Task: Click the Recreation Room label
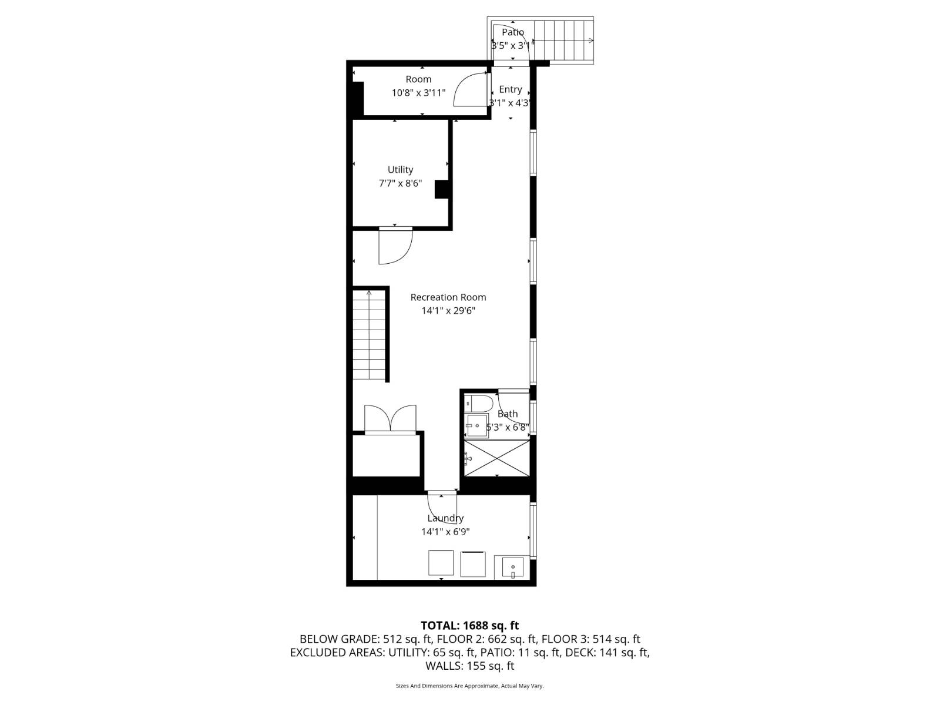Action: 448,297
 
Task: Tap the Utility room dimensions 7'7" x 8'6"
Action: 400,183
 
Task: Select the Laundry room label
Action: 445,518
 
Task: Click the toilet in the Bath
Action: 479,404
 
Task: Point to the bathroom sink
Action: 476,425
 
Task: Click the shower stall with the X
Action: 497,458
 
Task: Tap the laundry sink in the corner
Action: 512,568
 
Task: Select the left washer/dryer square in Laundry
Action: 441,563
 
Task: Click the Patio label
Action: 513,32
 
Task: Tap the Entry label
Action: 510,89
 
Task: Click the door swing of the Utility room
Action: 394,246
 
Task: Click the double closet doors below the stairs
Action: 390,418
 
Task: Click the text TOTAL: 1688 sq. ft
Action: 469,626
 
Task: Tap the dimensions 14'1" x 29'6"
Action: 448,311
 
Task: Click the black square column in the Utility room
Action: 441,189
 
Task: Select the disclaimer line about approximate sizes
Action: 469,686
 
